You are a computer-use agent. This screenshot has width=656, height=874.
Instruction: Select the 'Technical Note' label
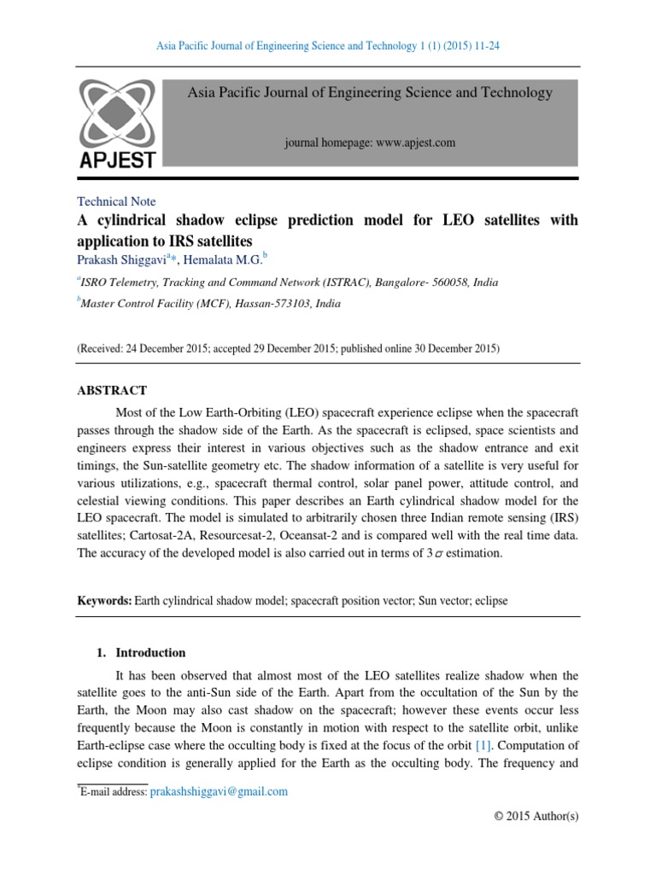pyautogui.click(x=116, y=201)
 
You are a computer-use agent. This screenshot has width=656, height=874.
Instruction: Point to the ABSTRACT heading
pyautogui.click(x=113, y=390)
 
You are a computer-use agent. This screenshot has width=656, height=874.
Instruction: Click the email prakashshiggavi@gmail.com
pyautogui.click(x=219, y=791)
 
